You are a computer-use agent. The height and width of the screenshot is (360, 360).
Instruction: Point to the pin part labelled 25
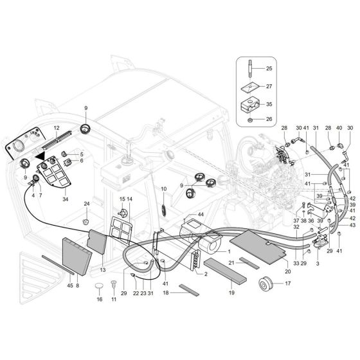(249, 67)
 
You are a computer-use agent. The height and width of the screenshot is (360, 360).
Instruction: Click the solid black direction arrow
(42, 156)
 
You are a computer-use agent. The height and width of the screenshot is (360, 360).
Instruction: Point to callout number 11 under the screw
(114, 300)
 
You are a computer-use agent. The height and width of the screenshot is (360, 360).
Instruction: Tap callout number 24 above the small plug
(85, 204)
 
